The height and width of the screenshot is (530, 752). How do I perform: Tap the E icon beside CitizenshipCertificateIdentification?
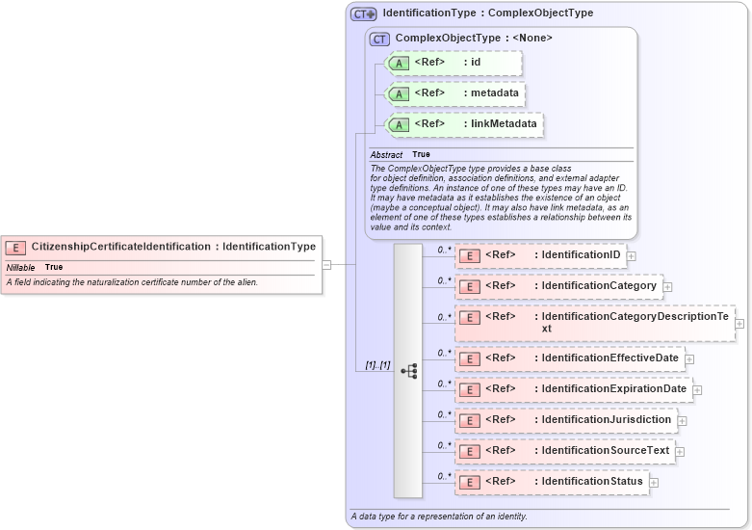point(16,248)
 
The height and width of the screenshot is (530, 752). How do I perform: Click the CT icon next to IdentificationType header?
point(363,13)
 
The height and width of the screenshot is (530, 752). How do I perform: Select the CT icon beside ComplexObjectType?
point(379,39)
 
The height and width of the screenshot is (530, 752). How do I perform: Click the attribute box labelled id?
point(454,64)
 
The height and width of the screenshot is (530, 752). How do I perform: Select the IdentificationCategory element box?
point(558,286)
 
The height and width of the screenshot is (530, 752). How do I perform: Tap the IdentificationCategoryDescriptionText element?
point(594,322)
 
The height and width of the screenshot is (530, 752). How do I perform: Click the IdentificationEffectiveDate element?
point(569,358)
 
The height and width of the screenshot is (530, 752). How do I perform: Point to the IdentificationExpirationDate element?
point(573,389)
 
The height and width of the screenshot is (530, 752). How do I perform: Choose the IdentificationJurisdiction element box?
point(565,420)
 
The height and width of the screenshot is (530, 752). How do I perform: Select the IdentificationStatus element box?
point(551,482)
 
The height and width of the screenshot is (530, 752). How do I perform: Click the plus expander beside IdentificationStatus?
point(654,482)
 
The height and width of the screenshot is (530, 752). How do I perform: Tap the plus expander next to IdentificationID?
point(632,256)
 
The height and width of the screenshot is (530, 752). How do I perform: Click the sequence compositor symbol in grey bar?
point(408,371)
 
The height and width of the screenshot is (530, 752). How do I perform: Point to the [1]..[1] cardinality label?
point(377,365)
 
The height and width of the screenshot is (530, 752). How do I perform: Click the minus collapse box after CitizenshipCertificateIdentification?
point(326,264)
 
